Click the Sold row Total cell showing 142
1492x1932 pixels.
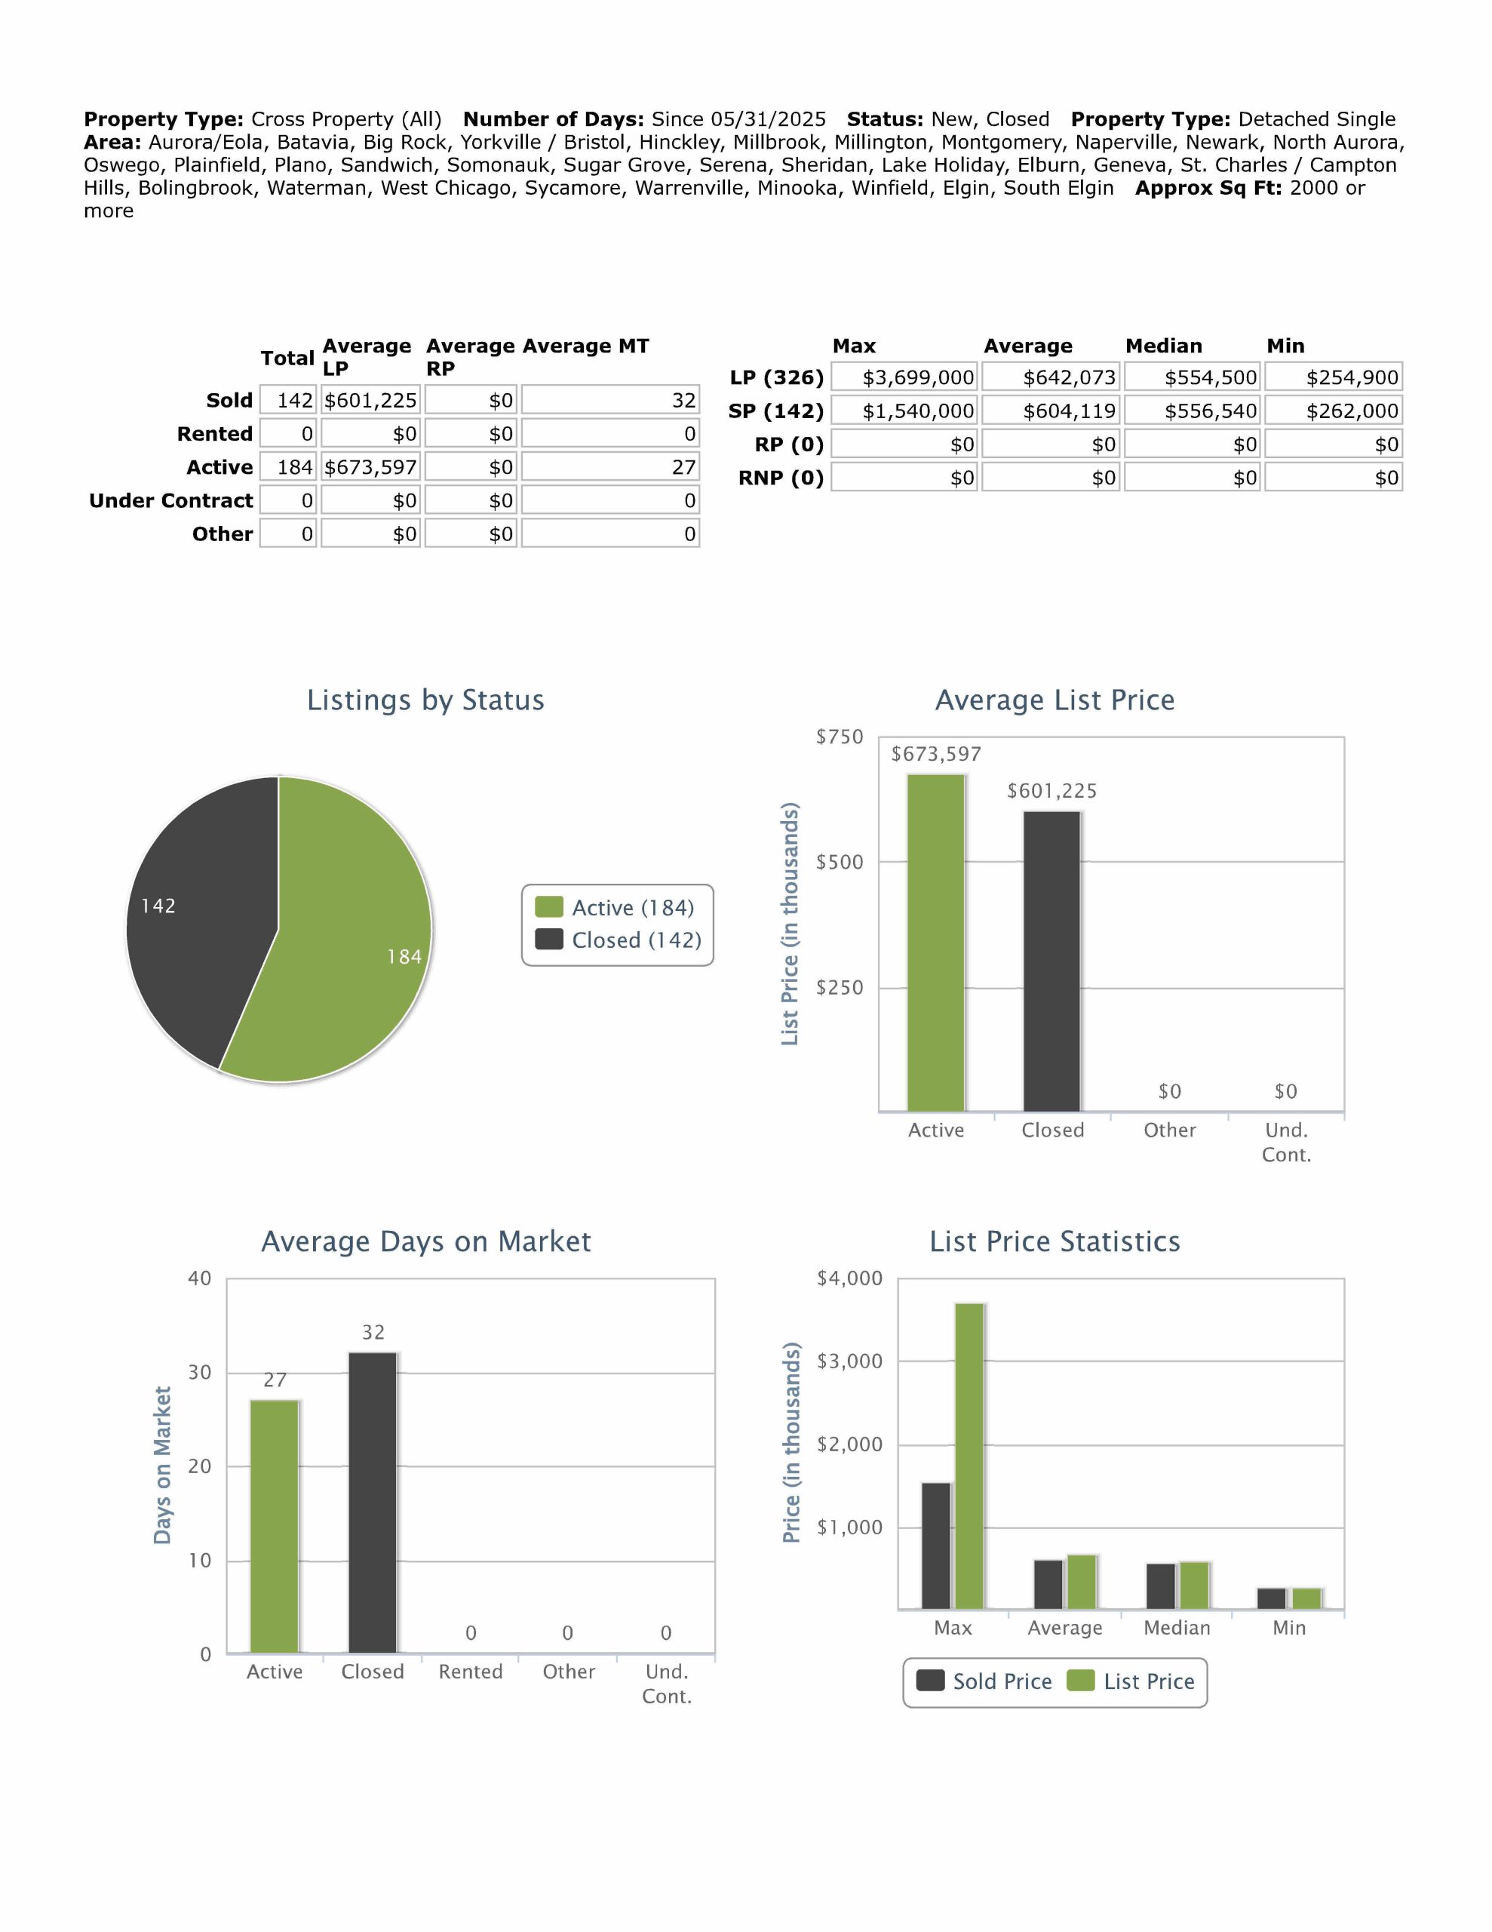pos(288,400)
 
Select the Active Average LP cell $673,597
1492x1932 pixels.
pos(370,467)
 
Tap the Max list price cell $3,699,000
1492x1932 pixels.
pos(904,378)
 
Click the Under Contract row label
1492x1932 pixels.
pos(170,500)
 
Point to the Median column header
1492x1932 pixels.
pos(1163,346)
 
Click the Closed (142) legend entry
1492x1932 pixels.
pos(619,940)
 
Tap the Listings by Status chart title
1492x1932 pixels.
pos(425,700)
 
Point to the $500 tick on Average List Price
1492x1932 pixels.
pos(839,863)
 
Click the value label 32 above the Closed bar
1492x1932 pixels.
pos(373,1332)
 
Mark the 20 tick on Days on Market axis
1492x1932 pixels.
pos(199,1466)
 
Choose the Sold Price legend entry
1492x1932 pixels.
pos(984,1681)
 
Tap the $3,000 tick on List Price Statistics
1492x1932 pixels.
pos(849,1361)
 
